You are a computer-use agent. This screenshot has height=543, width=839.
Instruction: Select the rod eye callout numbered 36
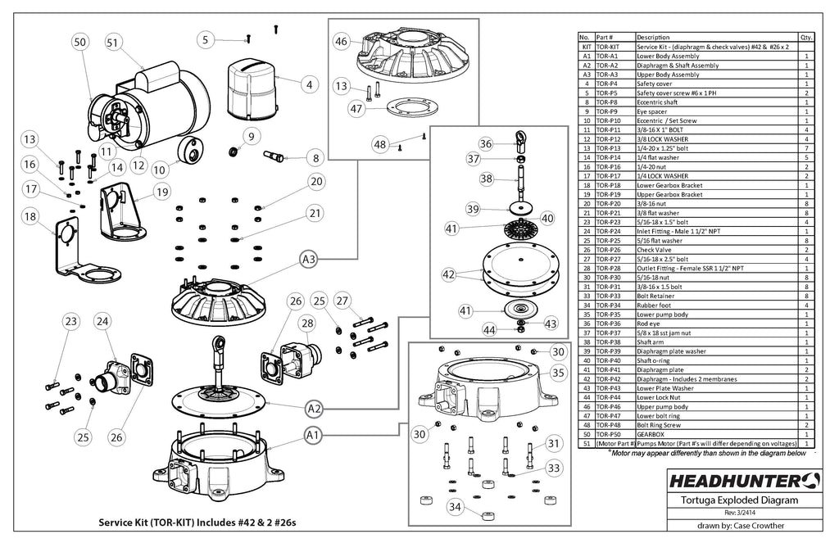(x=486, y=143)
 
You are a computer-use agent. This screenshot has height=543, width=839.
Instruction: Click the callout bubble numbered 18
(x=29, y=217)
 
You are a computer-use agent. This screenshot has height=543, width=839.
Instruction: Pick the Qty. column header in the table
(x=805, y=38)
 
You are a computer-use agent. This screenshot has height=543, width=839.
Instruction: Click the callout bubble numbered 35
(x=557, y=373)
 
